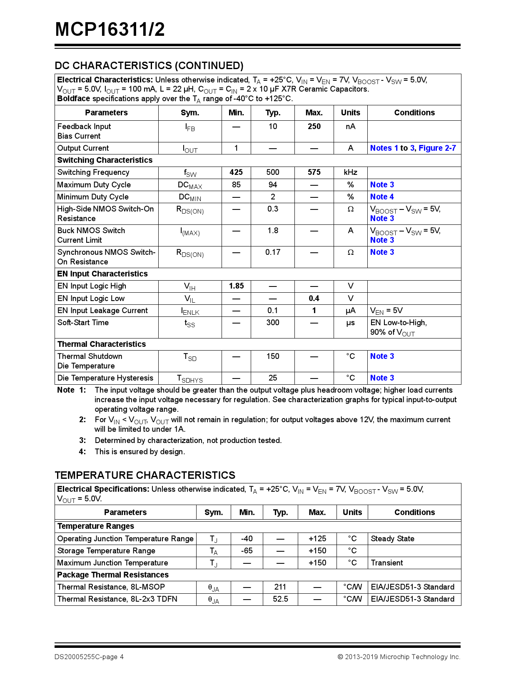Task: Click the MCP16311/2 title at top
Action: click(110, 30)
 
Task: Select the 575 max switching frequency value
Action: click(314, 172)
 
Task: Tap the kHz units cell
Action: click(350, 172)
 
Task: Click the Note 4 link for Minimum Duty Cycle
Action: click(382, 197)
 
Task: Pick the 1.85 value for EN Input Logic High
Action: click(236, 286)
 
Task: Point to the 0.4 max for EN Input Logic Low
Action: click(314, 299)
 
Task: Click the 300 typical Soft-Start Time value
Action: click(273, 323)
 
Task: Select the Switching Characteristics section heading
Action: click(105, 160)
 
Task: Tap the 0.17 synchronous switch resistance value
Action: click(273, 252)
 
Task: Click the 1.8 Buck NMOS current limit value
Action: click(273, 231)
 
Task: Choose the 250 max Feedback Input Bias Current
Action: click(314, 127)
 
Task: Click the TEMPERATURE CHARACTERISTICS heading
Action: click(145, 475)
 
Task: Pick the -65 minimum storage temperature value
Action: click(247, 551)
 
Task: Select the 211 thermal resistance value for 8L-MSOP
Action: click(280, 587)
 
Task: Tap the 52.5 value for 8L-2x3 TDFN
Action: click(280, 599)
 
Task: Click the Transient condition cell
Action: click(387, 563)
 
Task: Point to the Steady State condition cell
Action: click(392, 539)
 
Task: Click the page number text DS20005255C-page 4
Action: click(89, 657)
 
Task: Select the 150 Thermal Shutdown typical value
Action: click(273, 356)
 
